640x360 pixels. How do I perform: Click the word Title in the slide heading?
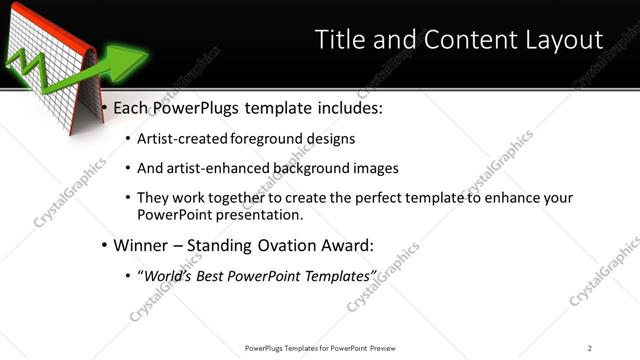click(x=342, y=39)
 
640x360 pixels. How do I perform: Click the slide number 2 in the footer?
click(x=590, y=347)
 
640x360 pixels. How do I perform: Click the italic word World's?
click(x=166, y=274)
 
